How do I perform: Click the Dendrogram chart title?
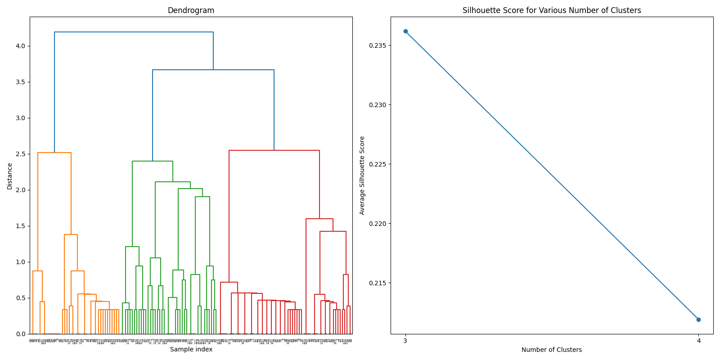tap(191, 10)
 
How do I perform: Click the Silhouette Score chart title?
tap(552, 10)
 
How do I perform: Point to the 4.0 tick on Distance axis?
tap(20, 46)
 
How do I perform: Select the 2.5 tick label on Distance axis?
tap(20, 154)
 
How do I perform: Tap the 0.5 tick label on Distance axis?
tap(20, 298)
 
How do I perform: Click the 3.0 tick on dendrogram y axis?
tap(20, 118)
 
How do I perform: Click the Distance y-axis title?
tap(10, 175)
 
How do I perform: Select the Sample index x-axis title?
tap(191, 350)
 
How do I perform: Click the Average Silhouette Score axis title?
tap(362, 175)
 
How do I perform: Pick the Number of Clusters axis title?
tap(552, 350)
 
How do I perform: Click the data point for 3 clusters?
tap(405, 31)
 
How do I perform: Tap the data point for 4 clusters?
tap(698, 319)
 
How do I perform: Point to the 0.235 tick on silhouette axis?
tap(378, 45)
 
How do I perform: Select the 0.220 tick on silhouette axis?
tap(378, 224)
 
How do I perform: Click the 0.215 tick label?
tap(378, 283)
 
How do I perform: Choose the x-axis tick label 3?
tap(405, 341)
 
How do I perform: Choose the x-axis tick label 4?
tap(698, 341)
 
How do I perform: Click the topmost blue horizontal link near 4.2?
tap(134, 32)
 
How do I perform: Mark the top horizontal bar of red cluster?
tap(274, 150)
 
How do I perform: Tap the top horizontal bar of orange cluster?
tap(54, 153)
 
